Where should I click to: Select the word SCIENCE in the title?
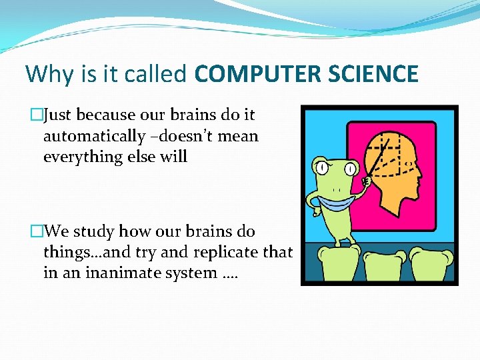pyautogui.click(x=374, y=74)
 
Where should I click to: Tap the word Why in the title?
pyautogui.click(x=46, y=74)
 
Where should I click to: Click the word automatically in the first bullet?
pyautogui.click(x=94, y=137)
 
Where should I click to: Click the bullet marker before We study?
pyautogui.click(x=37, y=232)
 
